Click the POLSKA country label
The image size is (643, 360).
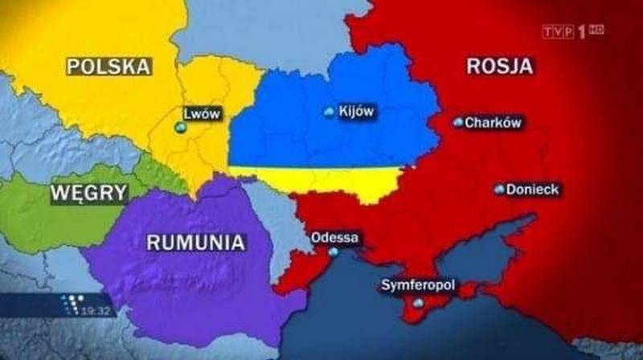tap(109, 66)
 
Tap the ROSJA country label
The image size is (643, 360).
tap(499, 66)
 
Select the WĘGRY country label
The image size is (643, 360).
tap(89, 193)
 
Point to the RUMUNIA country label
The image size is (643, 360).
tap(195, 241)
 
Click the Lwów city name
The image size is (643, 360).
tap(201, 113)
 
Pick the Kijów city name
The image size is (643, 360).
tap(358, 112)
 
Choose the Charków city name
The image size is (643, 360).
tap(494, 123)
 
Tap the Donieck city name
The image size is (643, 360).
tap(533, 190)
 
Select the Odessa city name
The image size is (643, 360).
tap(334, 238)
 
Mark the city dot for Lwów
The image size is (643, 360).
tap(179, 127)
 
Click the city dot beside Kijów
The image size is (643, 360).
tap(328, 112)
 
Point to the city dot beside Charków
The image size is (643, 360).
tap(458, 123)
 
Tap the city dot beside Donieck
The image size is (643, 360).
tap(500, 190)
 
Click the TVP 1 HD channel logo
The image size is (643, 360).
tap(571, 31)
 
